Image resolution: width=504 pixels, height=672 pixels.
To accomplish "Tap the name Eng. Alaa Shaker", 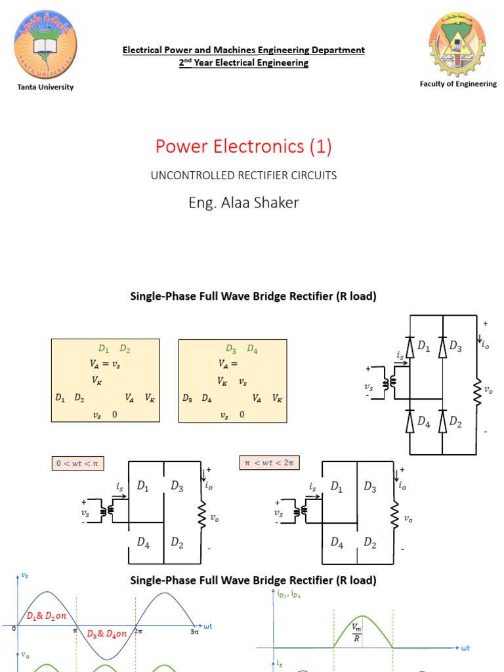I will (243, 203).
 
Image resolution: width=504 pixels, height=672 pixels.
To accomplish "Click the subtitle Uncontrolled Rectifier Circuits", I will (243, 175).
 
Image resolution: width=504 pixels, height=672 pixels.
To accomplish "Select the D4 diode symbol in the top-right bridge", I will (409, 423).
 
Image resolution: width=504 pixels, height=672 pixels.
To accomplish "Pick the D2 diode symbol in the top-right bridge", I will (442, 423).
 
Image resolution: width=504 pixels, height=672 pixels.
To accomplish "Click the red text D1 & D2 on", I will (47, 616).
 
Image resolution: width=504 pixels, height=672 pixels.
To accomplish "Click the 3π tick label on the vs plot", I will (194, 631).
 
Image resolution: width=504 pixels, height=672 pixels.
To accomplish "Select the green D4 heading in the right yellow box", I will (253, 349).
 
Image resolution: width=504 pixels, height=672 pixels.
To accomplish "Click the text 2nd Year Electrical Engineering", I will (243, 63).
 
